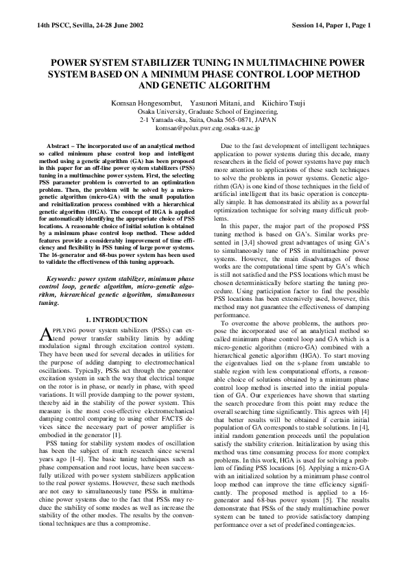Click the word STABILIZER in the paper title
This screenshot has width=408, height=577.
pos(141,62)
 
